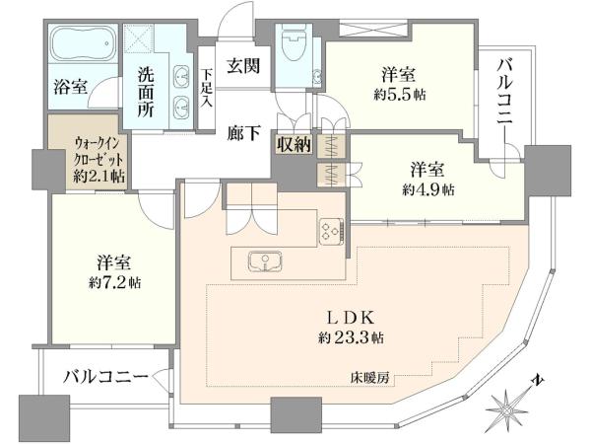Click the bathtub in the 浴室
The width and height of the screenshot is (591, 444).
pyautogui.click(x=83, y=43)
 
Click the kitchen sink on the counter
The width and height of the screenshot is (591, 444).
pyautogui.click(x=265, y=261)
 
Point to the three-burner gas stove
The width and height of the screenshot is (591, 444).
pyautogui.click(x=332, y=231)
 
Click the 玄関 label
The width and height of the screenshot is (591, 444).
pyautogui.click(x=243, y=66)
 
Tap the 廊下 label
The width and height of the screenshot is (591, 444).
pyautogui.click(x=243, y=133)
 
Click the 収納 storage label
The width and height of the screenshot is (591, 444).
pyautogui.click(x=294, y=144)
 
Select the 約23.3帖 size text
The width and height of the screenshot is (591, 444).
pyautogui.click(x=351, y=337)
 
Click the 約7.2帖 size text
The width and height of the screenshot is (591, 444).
pyautogui.click(x=115, y=283)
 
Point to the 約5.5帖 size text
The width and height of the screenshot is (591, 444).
pyautogui.click(x=400, y=95)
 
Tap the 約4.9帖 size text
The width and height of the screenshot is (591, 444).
pyautogui.click(x=428, y=189)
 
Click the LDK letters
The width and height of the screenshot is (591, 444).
pyautogui.click(x=351, y=318)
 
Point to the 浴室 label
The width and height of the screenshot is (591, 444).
pyautogui.click(x=71, y=87)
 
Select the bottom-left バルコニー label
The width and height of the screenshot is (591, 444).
pyautogui.click(x=105, y=377)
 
